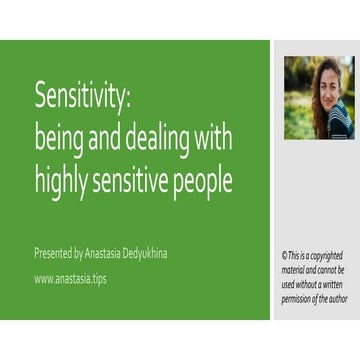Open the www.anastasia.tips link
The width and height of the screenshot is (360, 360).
click(71, 279)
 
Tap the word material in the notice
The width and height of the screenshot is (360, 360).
click(298, 270)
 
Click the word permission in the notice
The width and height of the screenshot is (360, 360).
click(303, 297)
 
